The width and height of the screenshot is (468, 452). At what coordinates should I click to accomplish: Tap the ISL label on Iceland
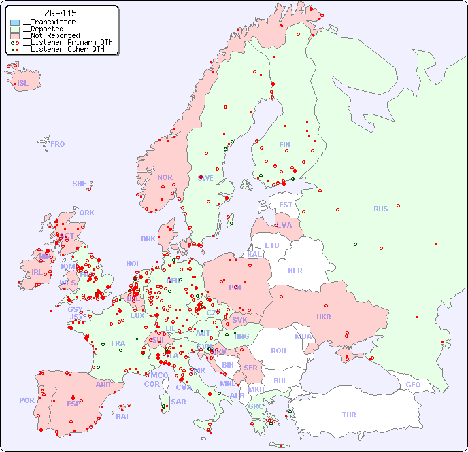point(23,84)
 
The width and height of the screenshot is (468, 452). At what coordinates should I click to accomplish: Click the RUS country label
point(380,209)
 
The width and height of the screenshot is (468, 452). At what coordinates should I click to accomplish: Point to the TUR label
point(349,415)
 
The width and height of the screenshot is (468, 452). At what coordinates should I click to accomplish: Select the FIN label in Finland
point(284,145)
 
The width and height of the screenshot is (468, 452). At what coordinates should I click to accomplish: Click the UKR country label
point(324,317)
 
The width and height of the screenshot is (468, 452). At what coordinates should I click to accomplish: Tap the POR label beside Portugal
point(27,400)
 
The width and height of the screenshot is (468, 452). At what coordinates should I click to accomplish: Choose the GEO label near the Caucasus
point(413,385)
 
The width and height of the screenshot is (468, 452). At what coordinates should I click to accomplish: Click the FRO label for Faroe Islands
point(58,144)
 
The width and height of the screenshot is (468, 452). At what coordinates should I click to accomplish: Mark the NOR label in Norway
point(165,177)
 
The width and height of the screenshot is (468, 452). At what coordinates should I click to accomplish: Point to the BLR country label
point(295,270)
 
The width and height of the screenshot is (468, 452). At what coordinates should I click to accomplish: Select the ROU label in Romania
point(278,351)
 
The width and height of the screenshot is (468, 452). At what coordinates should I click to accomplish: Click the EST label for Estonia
point(286,205)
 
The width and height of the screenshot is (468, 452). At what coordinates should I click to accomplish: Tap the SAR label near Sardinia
point(178,402)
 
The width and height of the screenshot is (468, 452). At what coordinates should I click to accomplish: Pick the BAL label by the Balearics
point(122,417)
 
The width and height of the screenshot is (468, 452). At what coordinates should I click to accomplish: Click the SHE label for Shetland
point(80,184)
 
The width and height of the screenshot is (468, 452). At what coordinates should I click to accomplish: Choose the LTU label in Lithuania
point(272,245)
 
